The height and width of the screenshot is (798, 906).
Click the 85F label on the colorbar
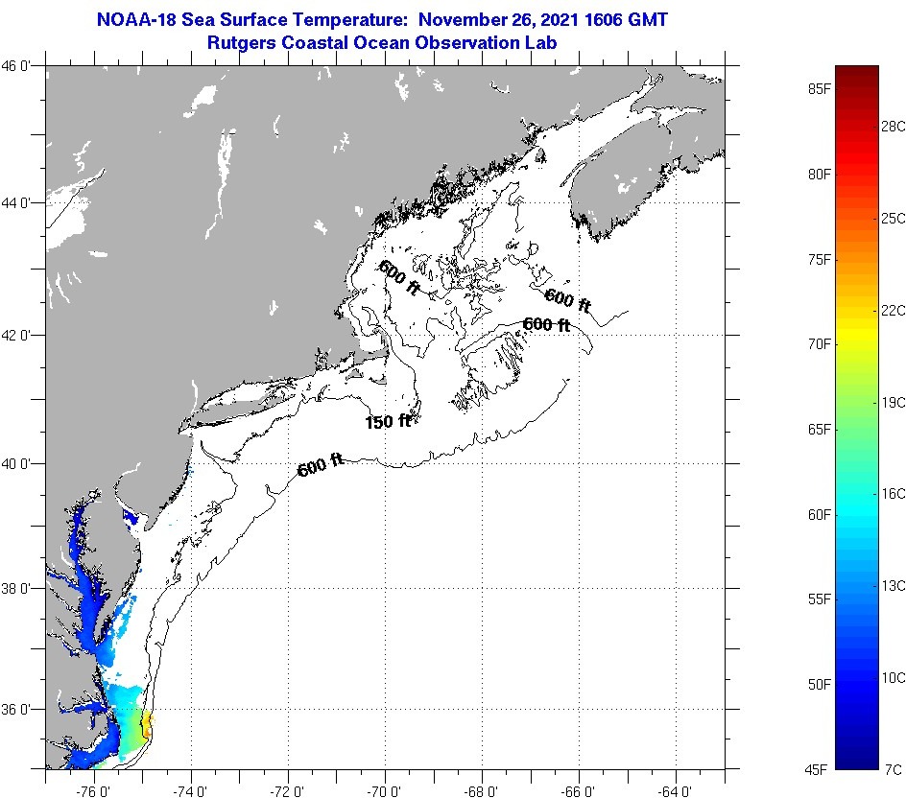pyautogui.click(x=819, y=89)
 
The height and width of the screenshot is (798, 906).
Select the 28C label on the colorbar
pyautogui.click(x=894, y=127)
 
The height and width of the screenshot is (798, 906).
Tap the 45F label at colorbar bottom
pyautogui.click(x=819, y=769)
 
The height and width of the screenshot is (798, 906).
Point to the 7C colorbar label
pyautogui.click(x=894, y=769)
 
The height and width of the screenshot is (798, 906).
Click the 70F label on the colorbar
pyautogui.click(x=819, y=343)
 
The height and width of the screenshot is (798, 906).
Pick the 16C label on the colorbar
pyautogui.click(x=894, y=493)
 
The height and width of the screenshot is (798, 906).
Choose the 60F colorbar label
pyautogui.click(x=819, y=515)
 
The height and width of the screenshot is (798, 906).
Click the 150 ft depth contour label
pyautogui.click(x=388, y=421)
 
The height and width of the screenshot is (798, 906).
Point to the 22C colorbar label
pyautogui.click(x=894, y=310)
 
